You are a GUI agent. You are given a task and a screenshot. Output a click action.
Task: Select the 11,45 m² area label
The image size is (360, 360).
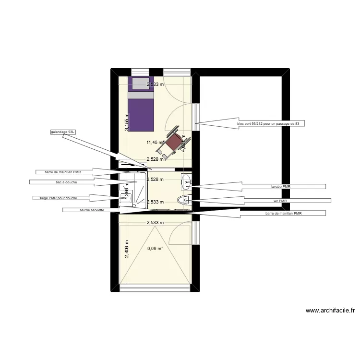[x=156, y=142]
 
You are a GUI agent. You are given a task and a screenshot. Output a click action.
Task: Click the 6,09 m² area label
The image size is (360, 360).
[x=155, y=249]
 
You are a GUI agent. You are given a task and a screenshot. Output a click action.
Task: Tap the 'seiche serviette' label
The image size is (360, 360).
[x=92, y=210]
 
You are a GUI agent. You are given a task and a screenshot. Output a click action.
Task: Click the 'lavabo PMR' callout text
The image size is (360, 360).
[x=280, y=186]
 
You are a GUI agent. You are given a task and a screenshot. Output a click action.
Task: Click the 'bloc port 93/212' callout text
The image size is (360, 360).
[x=271, y=123]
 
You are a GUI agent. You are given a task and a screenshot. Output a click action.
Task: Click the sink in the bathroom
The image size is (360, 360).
[x=186, y=181]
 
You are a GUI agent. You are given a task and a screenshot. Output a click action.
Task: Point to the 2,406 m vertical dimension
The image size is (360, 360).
[x=127, y=249]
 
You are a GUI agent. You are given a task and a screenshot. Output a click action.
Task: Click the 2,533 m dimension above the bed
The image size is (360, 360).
[x=155, y=84]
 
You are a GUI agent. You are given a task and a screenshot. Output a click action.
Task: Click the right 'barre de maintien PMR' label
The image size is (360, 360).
[x=283, y=213]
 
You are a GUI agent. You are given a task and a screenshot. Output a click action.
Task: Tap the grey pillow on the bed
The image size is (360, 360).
[x=141, y=84]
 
